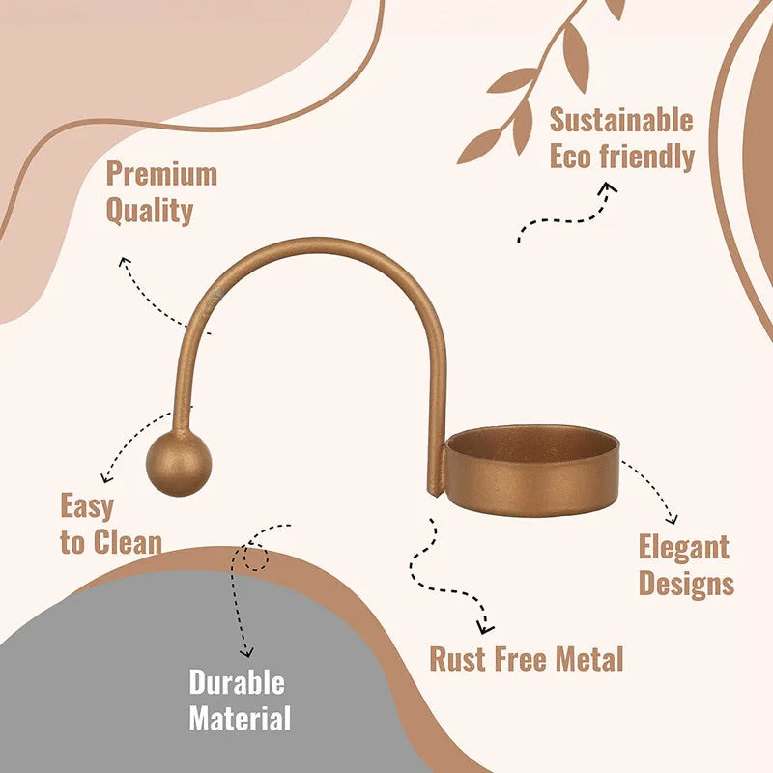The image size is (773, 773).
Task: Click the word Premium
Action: (x=161, y=174)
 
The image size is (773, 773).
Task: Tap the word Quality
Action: (x=150, y=211)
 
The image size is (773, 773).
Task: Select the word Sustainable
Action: (x=621, y=120)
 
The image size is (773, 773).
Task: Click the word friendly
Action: (x=646, y=157)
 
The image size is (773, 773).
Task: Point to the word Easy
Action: (x=87, y=506)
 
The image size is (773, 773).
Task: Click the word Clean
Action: (x=128, y=542)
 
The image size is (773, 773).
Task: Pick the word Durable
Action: (x=237, y=682)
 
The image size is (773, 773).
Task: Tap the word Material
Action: (x=240, y=718)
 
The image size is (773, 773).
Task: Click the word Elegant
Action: (x=684, y=547)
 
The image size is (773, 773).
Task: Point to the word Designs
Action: (x=686, y=584)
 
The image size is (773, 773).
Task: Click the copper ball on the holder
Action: (x=179, y=464)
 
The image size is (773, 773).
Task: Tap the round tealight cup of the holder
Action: (x=530, y=471)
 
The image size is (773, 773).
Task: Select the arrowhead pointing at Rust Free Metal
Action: (x=485, y=627)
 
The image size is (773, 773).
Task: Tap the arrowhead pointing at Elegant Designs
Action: (x=672, y=519)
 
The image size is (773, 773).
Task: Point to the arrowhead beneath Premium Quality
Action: (x=125, y=262)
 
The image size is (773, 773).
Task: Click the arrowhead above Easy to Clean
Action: (x=106, y=477)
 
